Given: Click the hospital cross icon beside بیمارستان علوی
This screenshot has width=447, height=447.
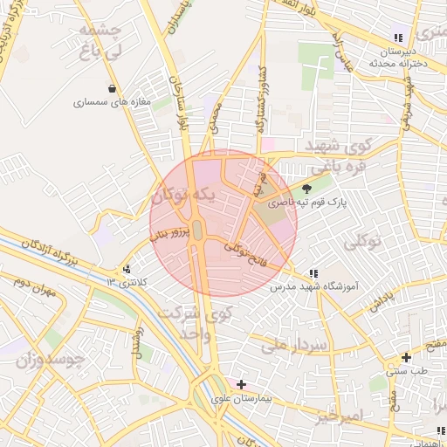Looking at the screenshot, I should tap(241, 383).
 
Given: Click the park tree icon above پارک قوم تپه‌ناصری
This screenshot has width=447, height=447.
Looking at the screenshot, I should tap(306, 188).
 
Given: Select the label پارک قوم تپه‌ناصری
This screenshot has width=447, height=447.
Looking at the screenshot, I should tap(306, 203).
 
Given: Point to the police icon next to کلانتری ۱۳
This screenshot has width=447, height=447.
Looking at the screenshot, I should tap(128, 269).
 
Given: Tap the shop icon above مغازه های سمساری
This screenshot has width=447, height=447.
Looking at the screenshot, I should tap(113, 87).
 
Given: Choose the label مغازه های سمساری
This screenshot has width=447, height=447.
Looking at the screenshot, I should tap(113, 102).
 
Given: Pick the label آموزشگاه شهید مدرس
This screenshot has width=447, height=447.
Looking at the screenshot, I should tap(313, 286).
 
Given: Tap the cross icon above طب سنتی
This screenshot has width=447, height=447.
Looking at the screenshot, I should tap(406, 357).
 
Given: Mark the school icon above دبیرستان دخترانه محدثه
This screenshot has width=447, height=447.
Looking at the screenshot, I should tap(398, 38).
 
